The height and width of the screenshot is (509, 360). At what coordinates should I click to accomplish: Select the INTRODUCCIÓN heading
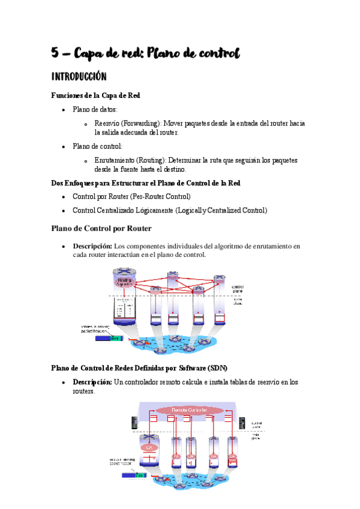tap(79, 77)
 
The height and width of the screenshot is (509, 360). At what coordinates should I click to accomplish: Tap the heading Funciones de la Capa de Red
tap(96, 95)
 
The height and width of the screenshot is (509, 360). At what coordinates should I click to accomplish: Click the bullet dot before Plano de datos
tap(64, 110)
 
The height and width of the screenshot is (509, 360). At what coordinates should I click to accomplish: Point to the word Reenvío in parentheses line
tap(108, 123)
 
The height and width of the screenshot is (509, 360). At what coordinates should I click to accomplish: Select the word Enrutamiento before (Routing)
tap(114, 160)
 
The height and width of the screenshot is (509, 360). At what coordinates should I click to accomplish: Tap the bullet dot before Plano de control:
tap(64, 146)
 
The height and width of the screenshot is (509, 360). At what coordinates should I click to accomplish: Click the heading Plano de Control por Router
tap(101, 228)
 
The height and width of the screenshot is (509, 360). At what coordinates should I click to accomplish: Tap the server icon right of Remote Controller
tap(242, 423)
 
